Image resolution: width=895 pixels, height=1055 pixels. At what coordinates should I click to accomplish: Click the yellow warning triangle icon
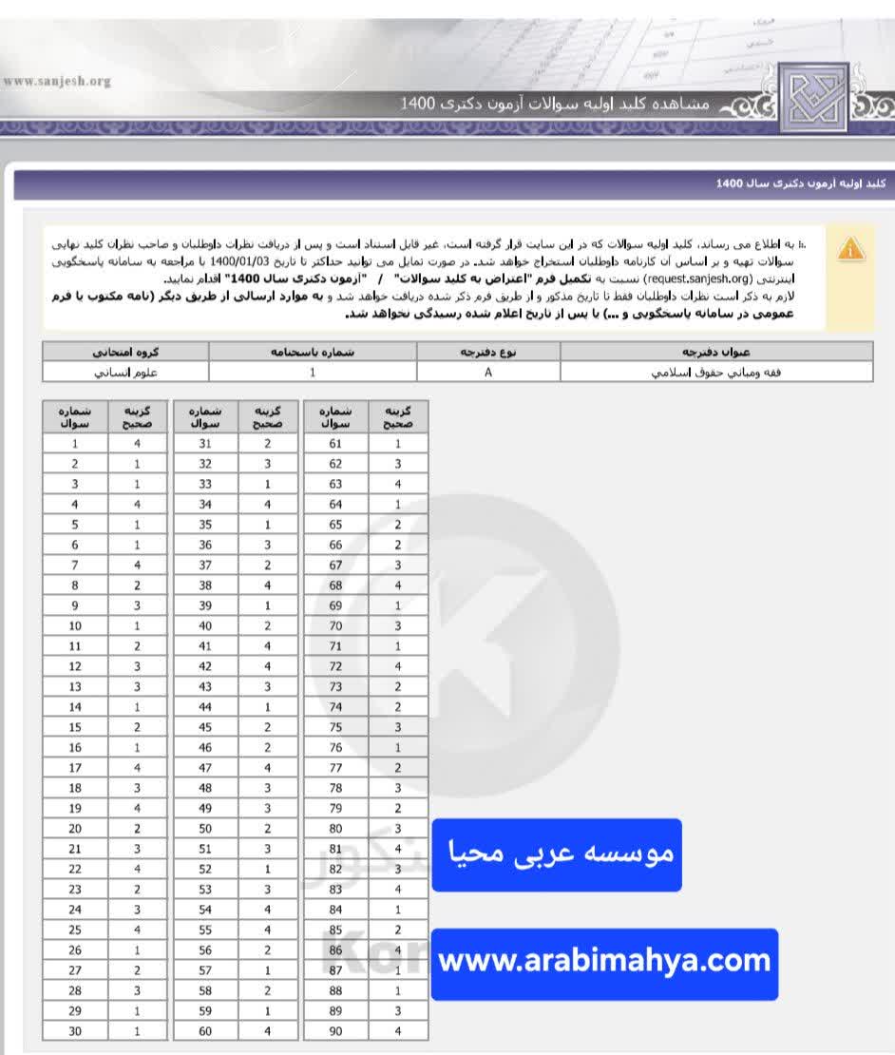851,249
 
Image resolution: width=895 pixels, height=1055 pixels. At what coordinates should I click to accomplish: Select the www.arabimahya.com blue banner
604,961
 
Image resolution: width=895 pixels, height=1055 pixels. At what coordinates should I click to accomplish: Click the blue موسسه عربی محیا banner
557,854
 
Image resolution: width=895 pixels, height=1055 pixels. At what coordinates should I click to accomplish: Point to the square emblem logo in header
813,96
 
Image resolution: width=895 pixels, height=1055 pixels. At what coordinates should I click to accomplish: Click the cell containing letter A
488,372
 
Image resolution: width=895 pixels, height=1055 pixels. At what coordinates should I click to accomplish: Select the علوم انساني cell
125,372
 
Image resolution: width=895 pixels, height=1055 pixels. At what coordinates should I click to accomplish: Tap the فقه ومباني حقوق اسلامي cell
715,372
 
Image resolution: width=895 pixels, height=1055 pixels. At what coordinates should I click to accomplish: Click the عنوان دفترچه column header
715,352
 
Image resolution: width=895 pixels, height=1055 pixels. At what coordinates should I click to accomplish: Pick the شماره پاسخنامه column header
313,352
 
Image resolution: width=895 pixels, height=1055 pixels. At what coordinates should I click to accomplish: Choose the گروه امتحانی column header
125,352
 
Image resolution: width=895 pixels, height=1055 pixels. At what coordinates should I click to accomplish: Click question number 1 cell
75,444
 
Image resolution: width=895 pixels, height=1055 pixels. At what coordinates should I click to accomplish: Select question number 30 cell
75,1031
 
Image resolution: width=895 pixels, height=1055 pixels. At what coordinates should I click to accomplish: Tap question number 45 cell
205,727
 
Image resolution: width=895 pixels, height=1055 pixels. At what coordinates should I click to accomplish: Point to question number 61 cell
335,444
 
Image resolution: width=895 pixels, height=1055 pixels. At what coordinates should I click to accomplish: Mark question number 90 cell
335,1031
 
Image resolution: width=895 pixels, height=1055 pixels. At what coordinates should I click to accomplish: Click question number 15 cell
75,727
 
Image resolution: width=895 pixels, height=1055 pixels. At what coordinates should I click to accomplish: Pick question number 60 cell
205,1031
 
